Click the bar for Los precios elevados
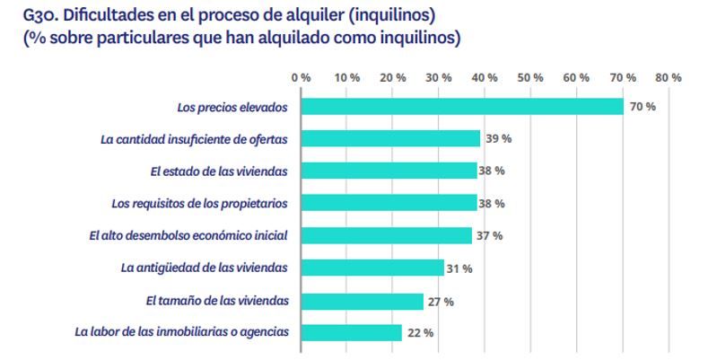[x=461, y=106]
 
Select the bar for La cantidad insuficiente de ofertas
[x=390, y=138]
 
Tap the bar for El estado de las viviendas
[x=388, y=171]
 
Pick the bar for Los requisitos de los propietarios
[x=388, y=203]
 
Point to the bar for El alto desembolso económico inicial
[x=386, y=235]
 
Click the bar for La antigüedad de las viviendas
[x=371, y=268]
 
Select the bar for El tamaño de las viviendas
[x=363, y=300]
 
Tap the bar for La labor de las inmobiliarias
[x=351, y=332]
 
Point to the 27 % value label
[x=441, y=301]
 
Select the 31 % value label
[x=460, y=268]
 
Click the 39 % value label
[x=498, y=139]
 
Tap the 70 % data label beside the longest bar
[x=642, y=107]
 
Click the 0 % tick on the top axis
[x=301, y=78]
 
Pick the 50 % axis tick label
[x=531, y=78]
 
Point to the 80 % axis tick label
[x=669, y=78]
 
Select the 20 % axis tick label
[x=392, y=78]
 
